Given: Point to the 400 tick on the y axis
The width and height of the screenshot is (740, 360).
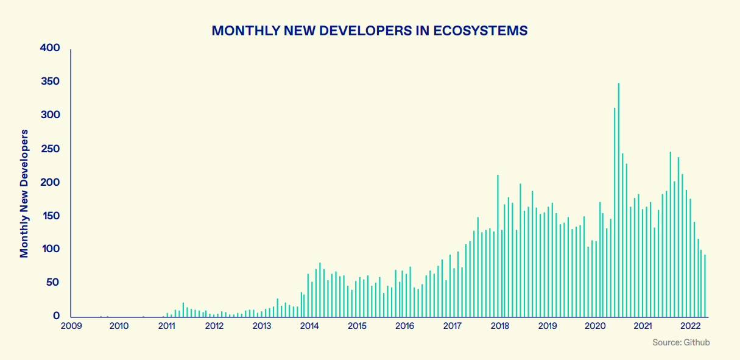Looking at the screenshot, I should (50, 48).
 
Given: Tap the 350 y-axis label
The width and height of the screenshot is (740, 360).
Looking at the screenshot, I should (50, 82).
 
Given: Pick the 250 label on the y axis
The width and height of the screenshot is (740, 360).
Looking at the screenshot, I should (50, 149).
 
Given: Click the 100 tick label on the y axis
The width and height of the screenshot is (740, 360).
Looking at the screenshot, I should (50, 249).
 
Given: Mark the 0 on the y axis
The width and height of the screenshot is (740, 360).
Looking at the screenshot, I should (57, 316).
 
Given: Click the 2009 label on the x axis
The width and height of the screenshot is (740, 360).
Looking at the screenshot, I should (71, 326).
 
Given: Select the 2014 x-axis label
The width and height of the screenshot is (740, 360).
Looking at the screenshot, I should (309, 326).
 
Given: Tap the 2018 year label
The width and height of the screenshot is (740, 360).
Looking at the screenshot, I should (500, 326).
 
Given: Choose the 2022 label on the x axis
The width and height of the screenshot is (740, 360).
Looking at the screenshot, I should (691, 326).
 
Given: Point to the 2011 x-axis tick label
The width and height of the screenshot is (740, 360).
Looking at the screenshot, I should (166, 326).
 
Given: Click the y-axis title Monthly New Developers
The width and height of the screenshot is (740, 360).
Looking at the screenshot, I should (24, 193).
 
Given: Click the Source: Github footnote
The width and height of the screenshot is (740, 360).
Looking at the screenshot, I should (681, 343).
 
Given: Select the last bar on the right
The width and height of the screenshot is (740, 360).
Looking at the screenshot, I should (705, 286).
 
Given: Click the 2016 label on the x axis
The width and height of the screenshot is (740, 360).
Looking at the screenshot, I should (404, 326).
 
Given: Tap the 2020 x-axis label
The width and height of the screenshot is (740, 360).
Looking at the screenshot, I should (595, 326).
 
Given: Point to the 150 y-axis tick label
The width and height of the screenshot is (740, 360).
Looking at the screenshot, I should (50, 216).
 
